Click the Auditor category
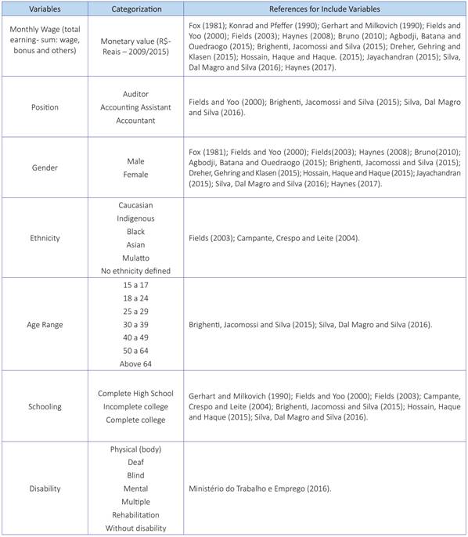tap(135, 93)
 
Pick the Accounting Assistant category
tap(135, 107)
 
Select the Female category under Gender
tap(135, 175)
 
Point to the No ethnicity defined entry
tap(135, 271)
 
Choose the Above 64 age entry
tap(135, 364)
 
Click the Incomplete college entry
tap(135, 406)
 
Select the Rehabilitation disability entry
tap(135, 514)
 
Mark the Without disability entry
tap(135, 528)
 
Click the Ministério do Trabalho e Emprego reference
tap(260, 488)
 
